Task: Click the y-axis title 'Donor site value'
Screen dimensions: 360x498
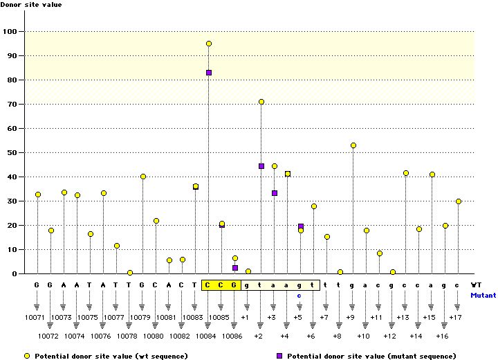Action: click(30, 6)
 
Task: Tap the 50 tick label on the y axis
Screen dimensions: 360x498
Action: click(13, 152)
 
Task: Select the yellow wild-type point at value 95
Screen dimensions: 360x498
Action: click(208, 44)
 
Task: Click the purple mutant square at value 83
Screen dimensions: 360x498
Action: click(208, 73)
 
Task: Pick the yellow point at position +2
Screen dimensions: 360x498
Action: click(261, 102)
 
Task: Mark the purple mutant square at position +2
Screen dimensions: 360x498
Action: click(261, 166)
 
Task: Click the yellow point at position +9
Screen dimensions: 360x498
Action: click(353, 145)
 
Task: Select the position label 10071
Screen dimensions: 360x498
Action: click(36, 318)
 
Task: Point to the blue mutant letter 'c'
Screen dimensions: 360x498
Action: click(299, 295)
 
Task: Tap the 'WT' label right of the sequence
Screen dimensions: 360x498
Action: click(476, 285)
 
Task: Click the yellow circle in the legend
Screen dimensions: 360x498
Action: click(26, 356)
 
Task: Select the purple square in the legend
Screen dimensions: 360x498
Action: click(279, 356)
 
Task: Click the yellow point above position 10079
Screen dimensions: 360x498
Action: click(142, 177)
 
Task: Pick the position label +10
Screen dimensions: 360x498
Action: click(363, 336)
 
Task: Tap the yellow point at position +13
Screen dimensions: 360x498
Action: click(405, 173)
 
